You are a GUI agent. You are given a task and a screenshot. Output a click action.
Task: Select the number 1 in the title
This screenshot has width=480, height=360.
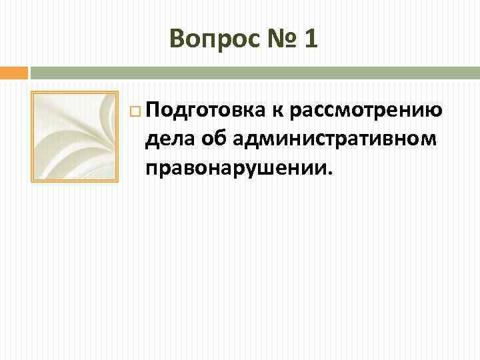click(x=311, y=39)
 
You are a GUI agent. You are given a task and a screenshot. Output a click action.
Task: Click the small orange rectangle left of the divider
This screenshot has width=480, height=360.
click(x=13, y=72)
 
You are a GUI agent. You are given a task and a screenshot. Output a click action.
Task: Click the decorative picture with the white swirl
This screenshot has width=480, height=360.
click(x=75, y=136)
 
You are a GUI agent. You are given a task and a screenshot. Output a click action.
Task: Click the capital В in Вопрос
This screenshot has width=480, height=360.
click(x=177, y=39)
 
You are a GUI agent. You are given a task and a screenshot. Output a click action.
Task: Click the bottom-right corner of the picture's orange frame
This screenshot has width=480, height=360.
click(x=117, y=181)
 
